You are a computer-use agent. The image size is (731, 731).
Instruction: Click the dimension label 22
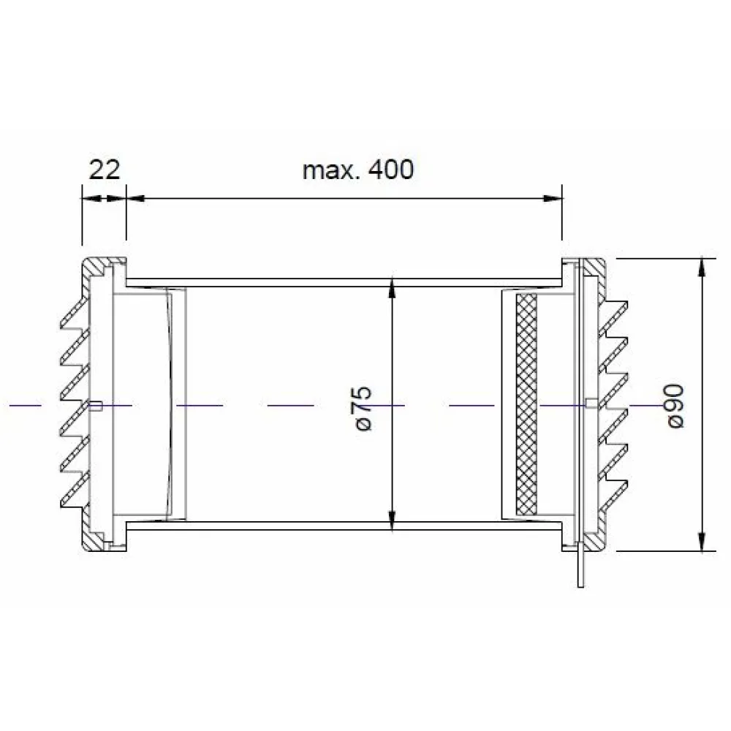tap(105, 170)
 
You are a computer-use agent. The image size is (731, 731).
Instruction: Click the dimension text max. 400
tap(358, 170)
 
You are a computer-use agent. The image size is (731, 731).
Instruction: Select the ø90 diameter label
tap(675, 406)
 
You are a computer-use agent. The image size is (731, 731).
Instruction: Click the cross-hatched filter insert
tap(527, 405)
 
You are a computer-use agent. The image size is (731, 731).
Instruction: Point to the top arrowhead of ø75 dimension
tap(392, 289)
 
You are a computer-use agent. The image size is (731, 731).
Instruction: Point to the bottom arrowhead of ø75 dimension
tap(392, 520)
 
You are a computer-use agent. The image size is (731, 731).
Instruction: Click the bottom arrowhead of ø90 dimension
tap(702, 541)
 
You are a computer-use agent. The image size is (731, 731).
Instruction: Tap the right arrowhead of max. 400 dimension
tap(553, 199)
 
